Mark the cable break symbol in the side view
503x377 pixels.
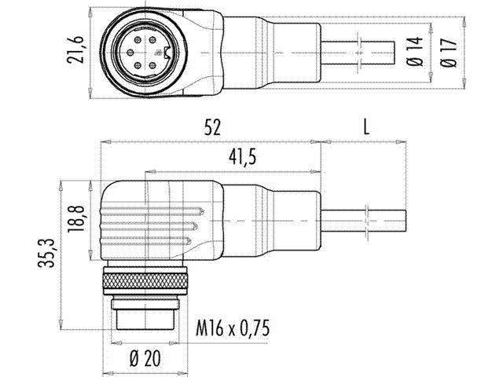368,219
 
